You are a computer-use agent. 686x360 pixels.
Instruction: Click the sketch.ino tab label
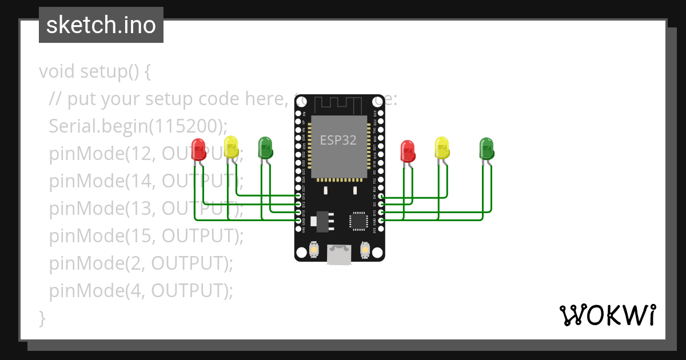101,26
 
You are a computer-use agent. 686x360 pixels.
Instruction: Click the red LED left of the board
198,150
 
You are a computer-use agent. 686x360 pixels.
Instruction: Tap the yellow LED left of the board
231,147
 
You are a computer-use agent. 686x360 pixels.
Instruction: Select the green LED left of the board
265,147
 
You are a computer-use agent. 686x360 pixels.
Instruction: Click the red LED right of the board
408,151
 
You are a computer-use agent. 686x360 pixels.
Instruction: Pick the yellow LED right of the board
442,148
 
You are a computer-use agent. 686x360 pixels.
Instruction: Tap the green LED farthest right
486,149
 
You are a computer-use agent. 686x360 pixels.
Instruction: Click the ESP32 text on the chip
338,141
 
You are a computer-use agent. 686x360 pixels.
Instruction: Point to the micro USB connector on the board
340,254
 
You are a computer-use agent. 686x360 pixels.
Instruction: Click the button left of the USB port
313,250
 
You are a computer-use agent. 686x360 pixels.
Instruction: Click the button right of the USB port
365,250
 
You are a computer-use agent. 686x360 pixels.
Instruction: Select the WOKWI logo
607,315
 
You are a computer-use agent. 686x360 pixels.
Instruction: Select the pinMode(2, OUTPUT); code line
141,263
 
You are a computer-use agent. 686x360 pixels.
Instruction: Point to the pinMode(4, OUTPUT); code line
141,291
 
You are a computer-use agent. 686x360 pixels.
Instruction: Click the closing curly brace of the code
42,317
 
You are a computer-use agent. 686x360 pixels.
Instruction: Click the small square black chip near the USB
358,221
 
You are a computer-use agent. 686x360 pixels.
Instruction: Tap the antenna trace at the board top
340,105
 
